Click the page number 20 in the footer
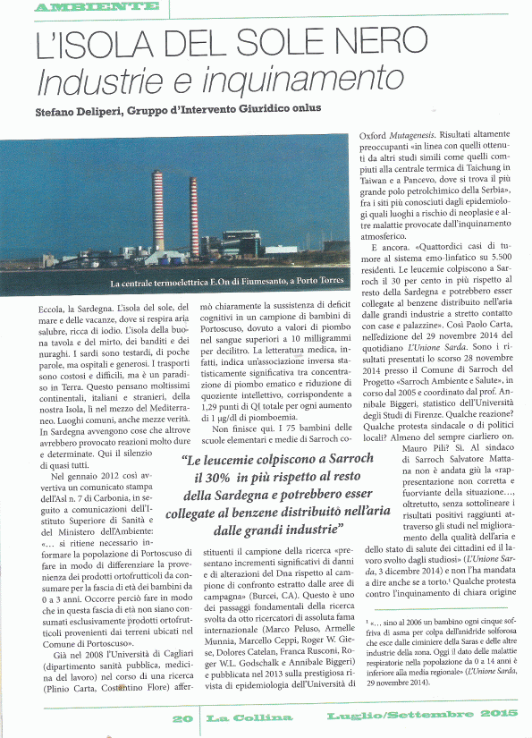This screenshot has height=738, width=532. click(182, 717)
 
